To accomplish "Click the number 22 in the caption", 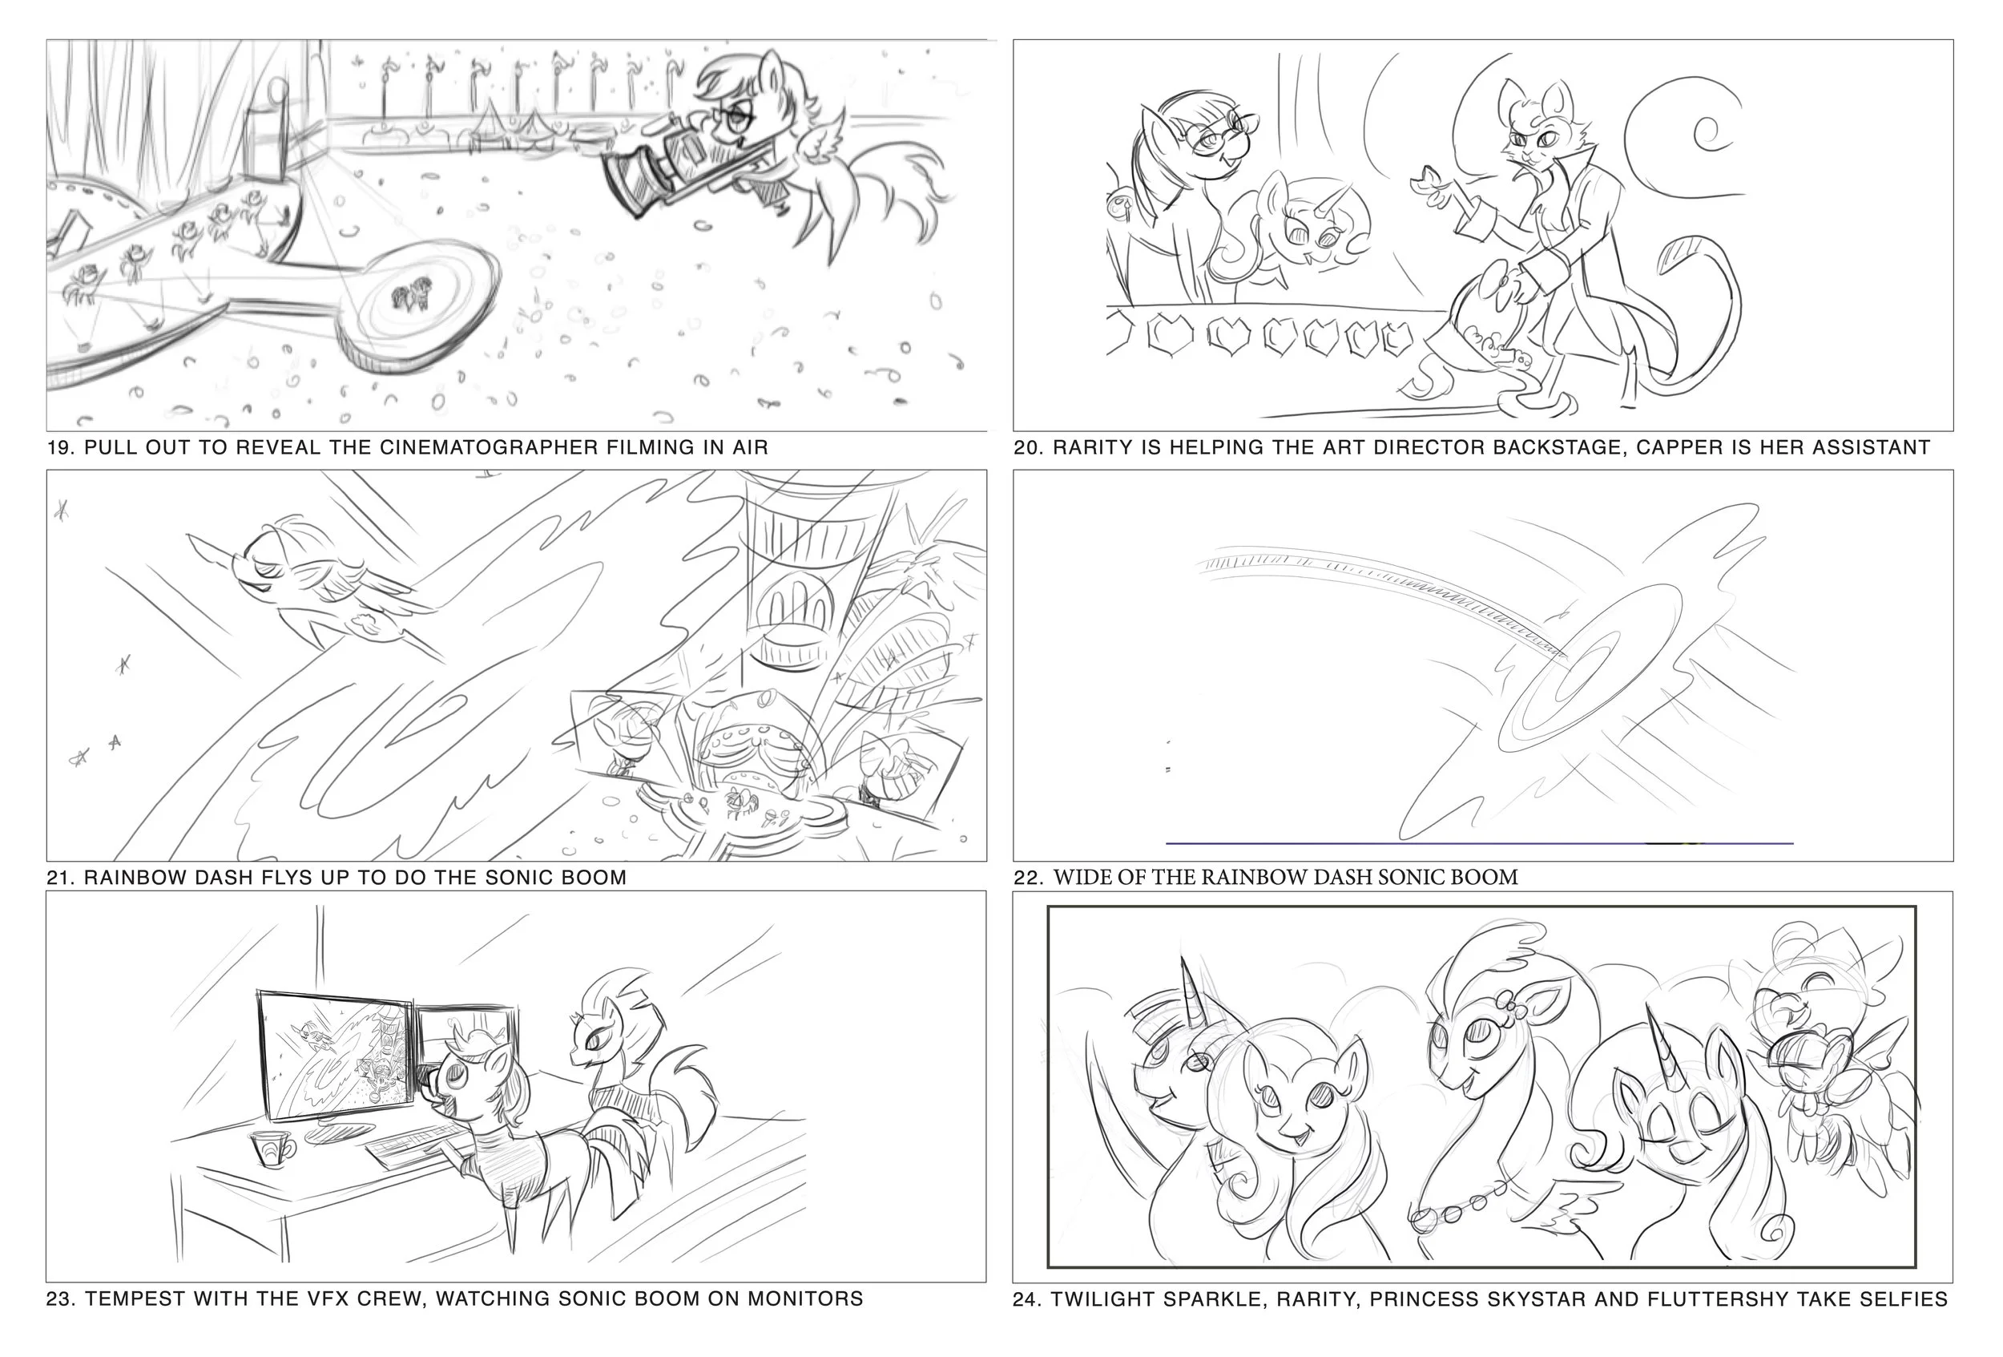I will pyautogui.click(x=1026, y=878).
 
